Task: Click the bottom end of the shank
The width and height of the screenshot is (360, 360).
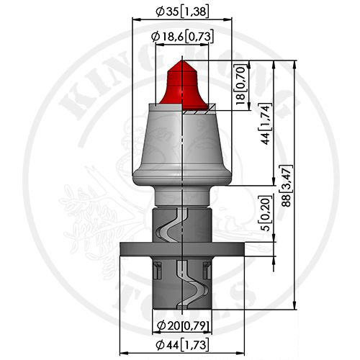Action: (183, 308)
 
